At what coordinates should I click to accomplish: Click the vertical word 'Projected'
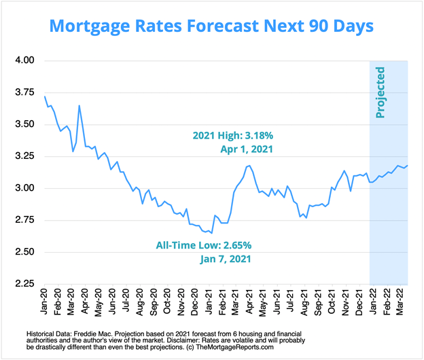[x=381, y=92]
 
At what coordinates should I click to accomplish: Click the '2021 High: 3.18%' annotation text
[x=232, y=136]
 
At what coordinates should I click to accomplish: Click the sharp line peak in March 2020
[x=79, y=105]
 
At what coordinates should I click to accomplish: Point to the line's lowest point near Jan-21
[x=212, y=233]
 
